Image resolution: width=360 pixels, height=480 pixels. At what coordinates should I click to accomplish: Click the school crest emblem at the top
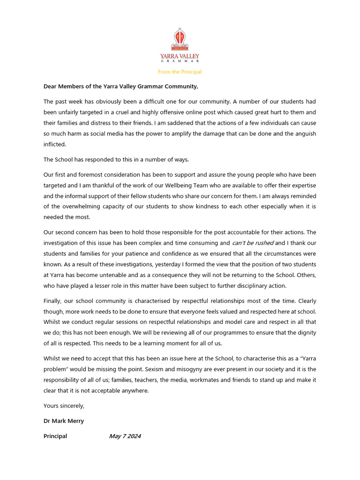180,39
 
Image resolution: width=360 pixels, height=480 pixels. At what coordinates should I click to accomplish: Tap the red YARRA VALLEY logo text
180,56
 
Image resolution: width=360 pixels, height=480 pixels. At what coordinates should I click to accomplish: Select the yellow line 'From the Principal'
180,72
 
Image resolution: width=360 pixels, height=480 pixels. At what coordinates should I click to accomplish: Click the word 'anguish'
304,134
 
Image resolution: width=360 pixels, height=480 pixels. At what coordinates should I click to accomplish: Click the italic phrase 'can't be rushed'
253,243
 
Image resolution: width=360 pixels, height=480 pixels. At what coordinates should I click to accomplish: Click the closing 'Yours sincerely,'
64,406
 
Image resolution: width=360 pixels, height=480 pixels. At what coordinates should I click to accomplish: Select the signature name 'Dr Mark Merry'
64,421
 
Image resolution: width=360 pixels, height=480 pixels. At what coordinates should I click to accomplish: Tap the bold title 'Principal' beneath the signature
55,436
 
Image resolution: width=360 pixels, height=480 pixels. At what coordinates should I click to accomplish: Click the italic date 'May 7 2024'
125,436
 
